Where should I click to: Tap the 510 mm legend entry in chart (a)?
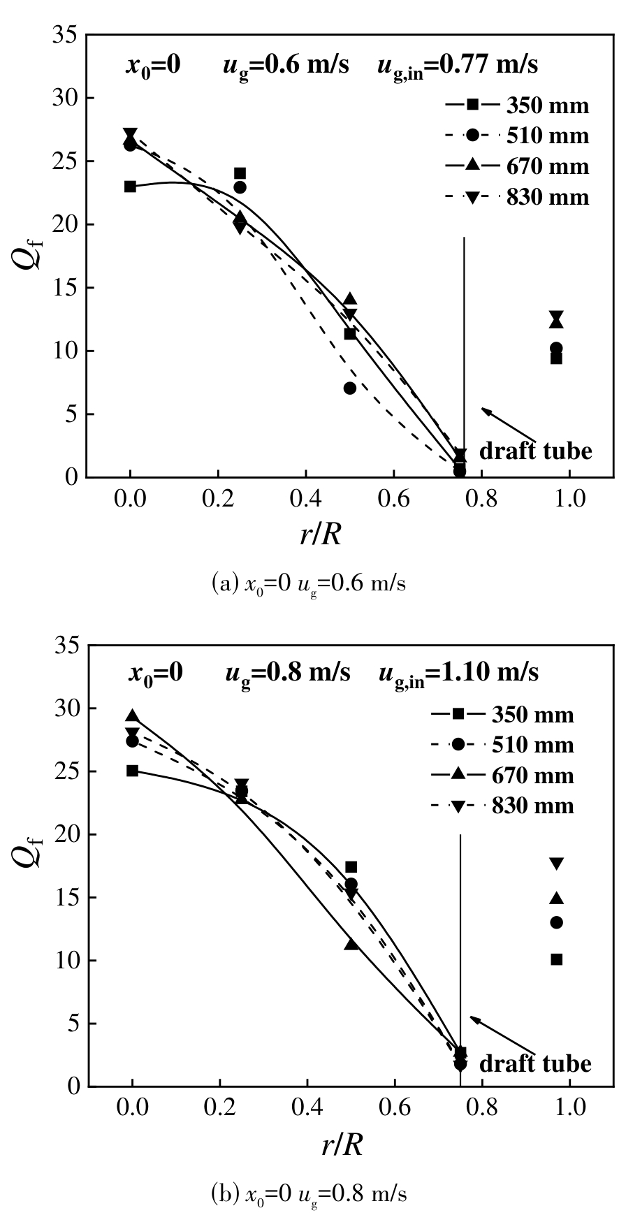tap(517, 136)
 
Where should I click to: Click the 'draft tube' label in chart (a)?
tap(535, 451)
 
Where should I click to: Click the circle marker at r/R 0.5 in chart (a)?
tap(350, 388)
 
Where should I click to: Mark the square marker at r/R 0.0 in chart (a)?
tap(130, 187)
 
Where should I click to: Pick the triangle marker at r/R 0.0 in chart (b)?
tap(132, 716)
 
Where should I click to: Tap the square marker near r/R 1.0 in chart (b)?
tap(556, 959)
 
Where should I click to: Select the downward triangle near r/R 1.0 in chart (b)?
tap(556, 864)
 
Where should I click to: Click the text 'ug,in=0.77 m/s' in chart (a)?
tap(458, 66)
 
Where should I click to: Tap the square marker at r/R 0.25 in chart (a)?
tap(240, 173)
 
